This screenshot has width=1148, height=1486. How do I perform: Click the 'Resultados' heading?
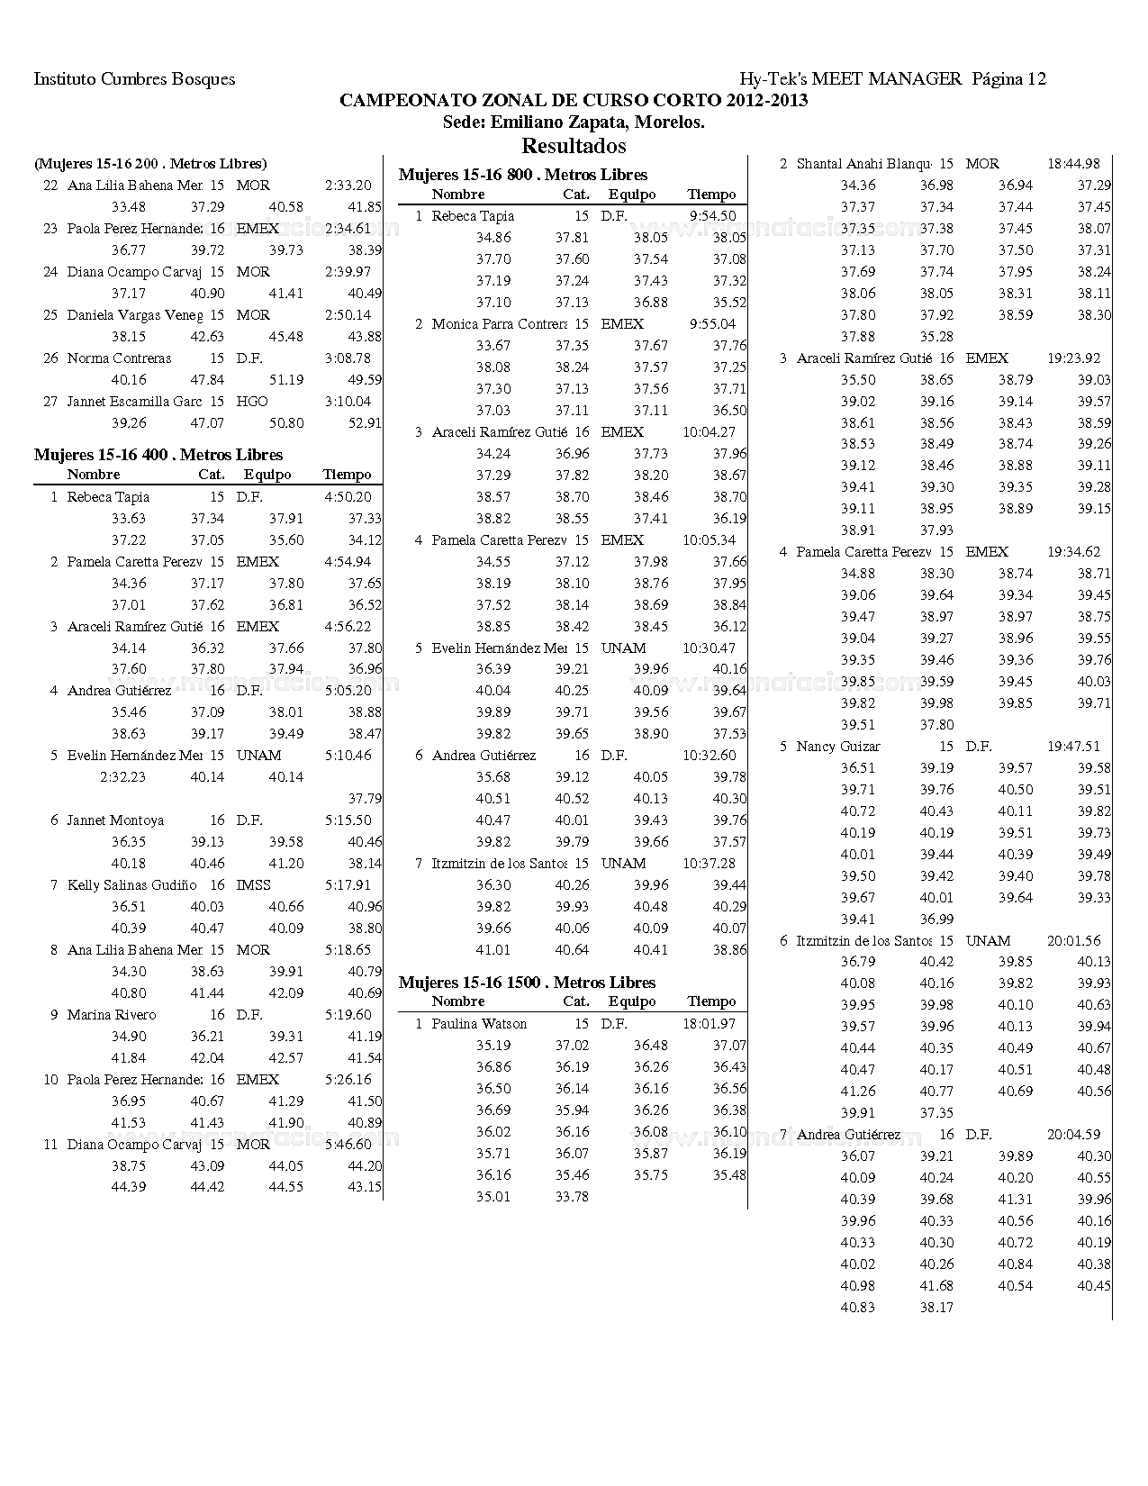[574, 146]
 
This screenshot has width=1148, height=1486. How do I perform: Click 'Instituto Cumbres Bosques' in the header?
[134, 79]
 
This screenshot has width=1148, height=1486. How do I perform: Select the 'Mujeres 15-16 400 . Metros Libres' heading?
[158, 455]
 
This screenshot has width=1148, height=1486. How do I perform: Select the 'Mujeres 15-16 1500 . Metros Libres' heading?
[527, 983]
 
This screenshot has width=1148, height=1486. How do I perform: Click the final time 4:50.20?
[348, 497]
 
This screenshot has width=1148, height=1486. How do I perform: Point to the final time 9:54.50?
[712, 216]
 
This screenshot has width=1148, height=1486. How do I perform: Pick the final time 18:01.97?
[709, 1024]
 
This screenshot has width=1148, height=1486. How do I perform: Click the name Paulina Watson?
[479, 1024]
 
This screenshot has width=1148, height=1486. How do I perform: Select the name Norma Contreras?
[119, 358]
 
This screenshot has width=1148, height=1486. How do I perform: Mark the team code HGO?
[252, 402]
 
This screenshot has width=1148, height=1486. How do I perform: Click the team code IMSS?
[253, 885]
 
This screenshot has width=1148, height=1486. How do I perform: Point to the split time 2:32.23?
[122, 777]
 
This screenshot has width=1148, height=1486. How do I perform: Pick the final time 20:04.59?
[1073, 1135]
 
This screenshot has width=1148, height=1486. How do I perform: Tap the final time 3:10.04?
[348, 402]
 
